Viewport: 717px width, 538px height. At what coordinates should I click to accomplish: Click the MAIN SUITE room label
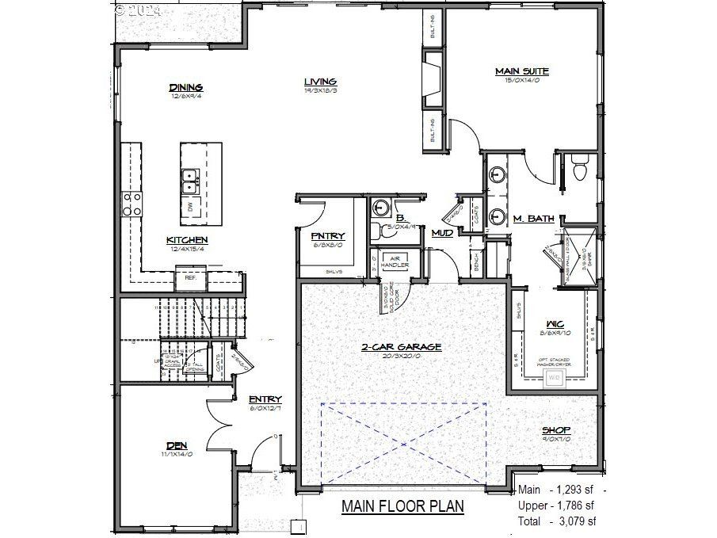click(522, 71)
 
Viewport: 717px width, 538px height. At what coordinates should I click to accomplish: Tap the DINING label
click(186, 87)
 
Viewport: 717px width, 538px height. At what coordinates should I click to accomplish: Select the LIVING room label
click(321, 82)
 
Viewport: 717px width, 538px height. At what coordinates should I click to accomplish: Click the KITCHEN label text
click(187, 240)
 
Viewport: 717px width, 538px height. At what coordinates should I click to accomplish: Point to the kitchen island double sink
click(190, 181)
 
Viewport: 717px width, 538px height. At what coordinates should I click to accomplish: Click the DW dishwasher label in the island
click(190, 207)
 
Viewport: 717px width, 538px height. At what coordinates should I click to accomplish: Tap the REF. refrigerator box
click(190, 278)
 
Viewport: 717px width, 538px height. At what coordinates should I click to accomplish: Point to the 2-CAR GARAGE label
click(402, 347)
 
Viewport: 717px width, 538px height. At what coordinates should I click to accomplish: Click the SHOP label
click(556, 430)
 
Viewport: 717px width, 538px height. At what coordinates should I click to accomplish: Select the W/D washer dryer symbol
click(554, 377)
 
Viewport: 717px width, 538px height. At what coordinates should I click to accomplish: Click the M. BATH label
click(533, 219)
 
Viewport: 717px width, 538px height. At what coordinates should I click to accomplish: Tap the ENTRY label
click(265, 399)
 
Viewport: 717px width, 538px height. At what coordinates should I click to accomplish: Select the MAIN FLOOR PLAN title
click(402, 506)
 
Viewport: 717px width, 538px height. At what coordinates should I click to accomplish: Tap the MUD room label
click(441, 233)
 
